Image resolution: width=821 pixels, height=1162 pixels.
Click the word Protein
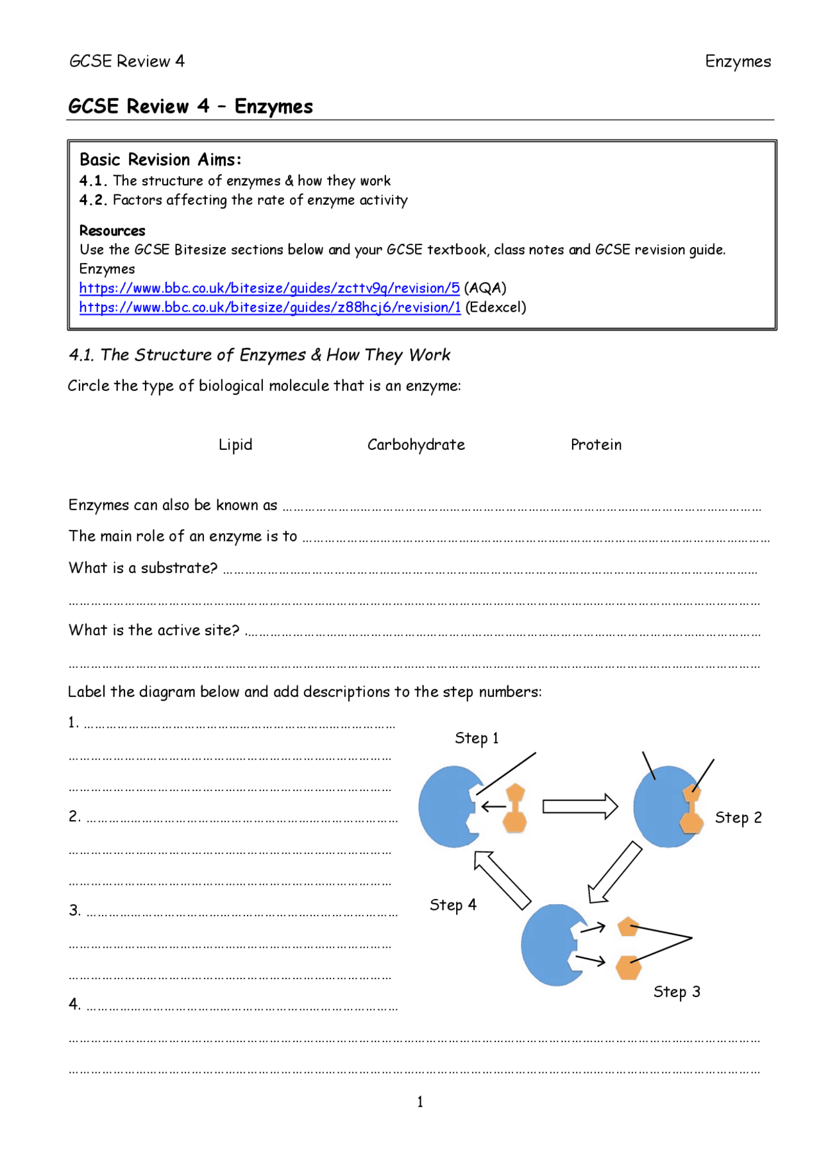click(596, 445)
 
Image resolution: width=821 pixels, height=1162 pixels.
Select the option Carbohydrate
click(416, 445)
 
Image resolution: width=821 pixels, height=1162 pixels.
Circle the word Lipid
click(235, 445)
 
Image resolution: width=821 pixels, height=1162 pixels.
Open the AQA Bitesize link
click(269, 288)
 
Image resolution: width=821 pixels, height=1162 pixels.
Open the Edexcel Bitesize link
click(270, 307)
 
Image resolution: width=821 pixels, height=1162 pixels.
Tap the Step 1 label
click(477, 738)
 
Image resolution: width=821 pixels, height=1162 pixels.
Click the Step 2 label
click(738, 817)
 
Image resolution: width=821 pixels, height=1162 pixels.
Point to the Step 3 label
click(677, 991)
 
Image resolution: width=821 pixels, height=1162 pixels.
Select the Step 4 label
click(453, 905)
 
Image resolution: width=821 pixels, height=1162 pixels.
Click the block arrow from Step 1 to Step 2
click(580, 807)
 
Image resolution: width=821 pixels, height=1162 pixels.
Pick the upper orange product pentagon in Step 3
click(628, 927)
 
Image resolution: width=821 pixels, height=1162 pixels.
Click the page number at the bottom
click(420, 1102)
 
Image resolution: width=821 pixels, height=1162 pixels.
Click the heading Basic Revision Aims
click(160, 160)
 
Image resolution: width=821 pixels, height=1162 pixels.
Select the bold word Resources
click(112, 231)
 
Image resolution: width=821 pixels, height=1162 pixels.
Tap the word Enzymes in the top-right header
click(738, 62)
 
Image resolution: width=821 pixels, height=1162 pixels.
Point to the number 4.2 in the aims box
click(92, 200)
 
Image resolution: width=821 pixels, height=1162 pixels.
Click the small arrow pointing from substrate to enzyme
click(493, 807)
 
